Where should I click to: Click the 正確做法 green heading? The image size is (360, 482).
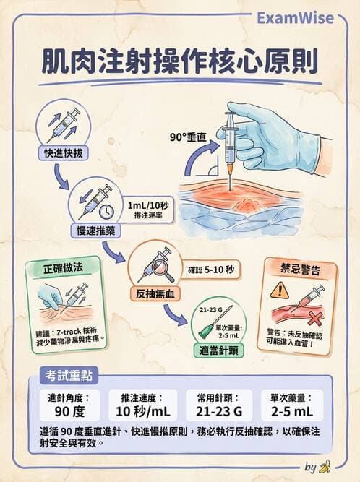[x=64, y=267]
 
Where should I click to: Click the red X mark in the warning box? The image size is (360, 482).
[x=315, y=318]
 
